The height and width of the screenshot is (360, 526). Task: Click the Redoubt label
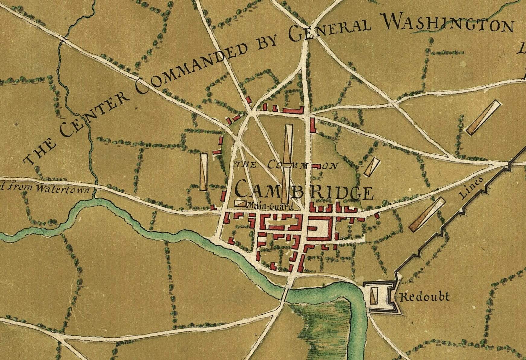(x=424, y=297)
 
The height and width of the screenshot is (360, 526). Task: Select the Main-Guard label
(x=270, y=207)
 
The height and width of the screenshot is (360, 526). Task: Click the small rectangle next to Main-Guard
(x=241, y=204)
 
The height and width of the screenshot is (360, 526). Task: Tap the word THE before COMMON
(x=246, y=165)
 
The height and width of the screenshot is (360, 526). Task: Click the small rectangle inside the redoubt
(x=374, y=295)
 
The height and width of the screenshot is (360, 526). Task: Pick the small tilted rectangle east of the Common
(x=371, y=166)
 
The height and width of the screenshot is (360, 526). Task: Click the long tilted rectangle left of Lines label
(x=427, y=214)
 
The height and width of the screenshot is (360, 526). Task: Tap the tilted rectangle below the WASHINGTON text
(x=483, y=117)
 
